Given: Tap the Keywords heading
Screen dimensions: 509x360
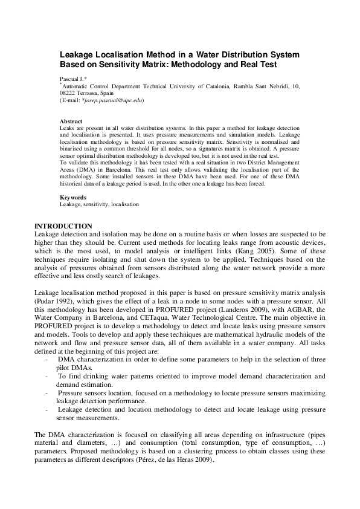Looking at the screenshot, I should [x=73, y=198].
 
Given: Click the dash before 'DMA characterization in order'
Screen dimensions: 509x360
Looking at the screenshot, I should [x=47, y=360].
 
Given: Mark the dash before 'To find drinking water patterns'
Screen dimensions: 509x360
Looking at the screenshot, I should [x=47, y=376].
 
